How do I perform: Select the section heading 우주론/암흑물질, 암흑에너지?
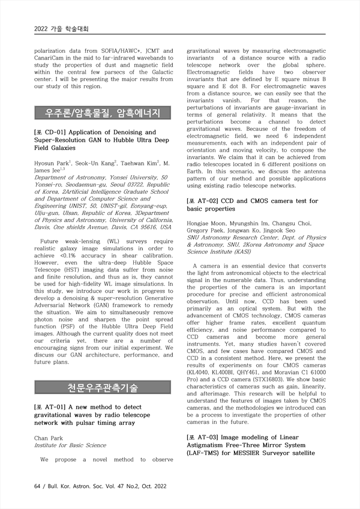point(103,113)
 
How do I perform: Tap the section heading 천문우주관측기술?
point(103,387)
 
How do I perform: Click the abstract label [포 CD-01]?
point(53,132)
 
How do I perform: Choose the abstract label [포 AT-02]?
point(205,200)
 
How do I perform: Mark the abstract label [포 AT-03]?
point(205,438)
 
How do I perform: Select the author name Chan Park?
point(49,438)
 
